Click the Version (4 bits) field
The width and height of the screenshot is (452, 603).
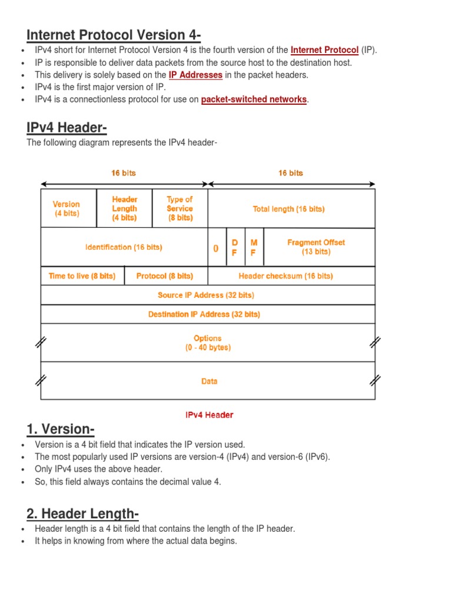67,208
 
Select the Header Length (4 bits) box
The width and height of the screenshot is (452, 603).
124,208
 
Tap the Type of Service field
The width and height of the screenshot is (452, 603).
180,208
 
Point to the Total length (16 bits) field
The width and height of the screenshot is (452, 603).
288,208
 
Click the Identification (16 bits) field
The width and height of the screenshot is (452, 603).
124,247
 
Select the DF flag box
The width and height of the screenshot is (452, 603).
234,247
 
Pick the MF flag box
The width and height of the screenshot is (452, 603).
254,247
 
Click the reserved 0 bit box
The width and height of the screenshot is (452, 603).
216,248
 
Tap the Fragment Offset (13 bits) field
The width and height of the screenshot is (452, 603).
316,247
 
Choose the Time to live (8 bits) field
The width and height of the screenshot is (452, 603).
82,276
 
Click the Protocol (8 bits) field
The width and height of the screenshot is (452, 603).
164,276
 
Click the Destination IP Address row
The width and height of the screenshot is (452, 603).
204,314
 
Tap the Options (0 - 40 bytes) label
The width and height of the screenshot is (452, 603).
208,343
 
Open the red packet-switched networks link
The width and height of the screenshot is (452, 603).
254,100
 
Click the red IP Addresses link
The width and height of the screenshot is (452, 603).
195,75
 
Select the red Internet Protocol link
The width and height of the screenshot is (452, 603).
324,50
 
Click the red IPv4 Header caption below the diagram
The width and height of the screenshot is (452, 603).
210,415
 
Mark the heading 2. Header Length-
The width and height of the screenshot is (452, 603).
83,515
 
